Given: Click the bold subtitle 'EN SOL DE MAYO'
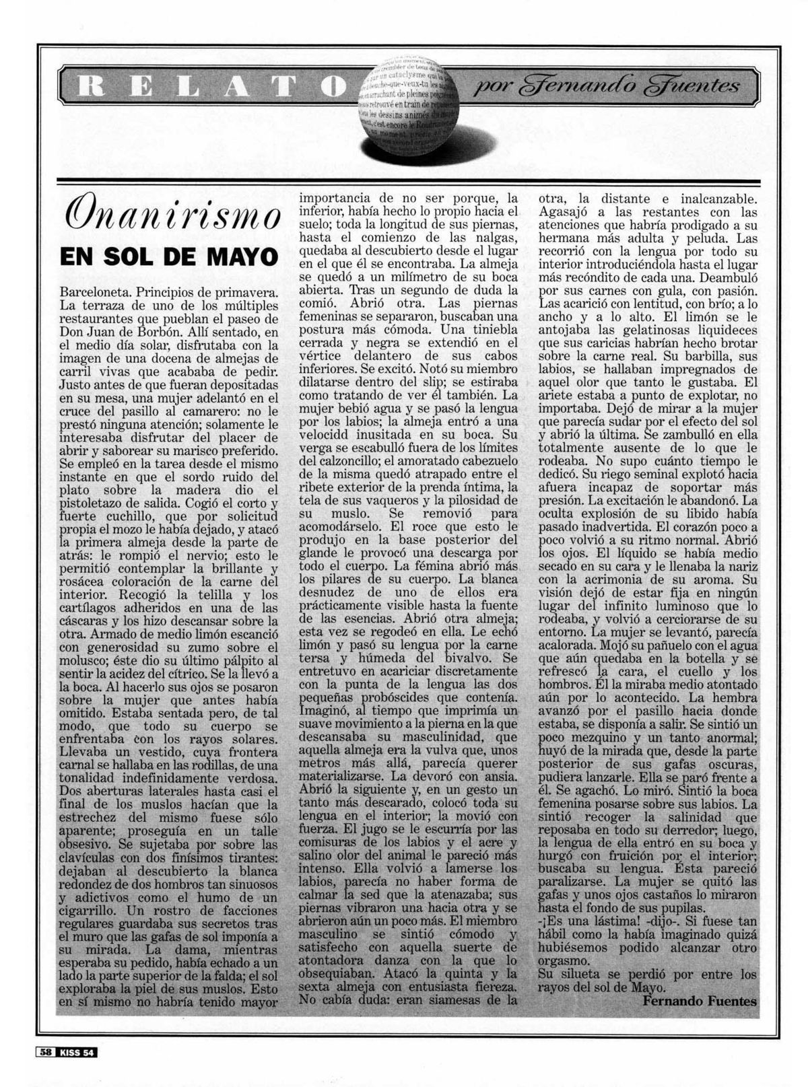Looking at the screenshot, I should (168, 258).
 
